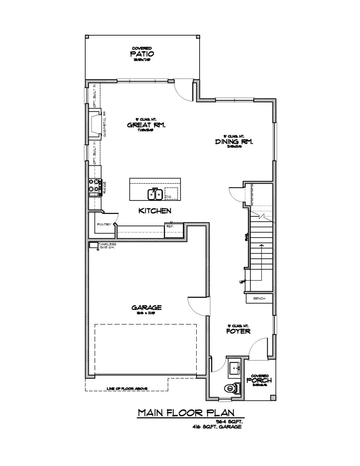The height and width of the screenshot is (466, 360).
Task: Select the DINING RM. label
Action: [x=234, y=142]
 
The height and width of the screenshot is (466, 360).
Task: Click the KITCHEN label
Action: [x=155, y=210]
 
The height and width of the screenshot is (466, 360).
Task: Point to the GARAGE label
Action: [x=146, y=307]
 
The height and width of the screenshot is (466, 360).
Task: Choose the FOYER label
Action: [x=238, y=331]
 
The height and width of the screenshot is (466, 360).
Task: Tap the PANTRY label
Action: [x=104, y=225]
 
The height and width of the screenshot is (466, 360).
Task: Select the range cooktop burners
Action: [x=94, y=185]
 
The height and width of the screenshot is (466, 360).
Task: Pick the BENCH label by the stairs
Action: [x=259, y=298]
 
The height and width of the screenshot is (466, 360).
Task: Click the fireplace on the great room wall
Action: [x=95, y=123]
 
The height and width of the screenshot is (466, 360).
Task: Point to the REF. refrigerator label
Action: [x=170, y=226]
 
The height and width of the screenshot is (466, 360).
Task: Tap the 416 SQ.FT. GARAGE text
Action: [x=217, y=427]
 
